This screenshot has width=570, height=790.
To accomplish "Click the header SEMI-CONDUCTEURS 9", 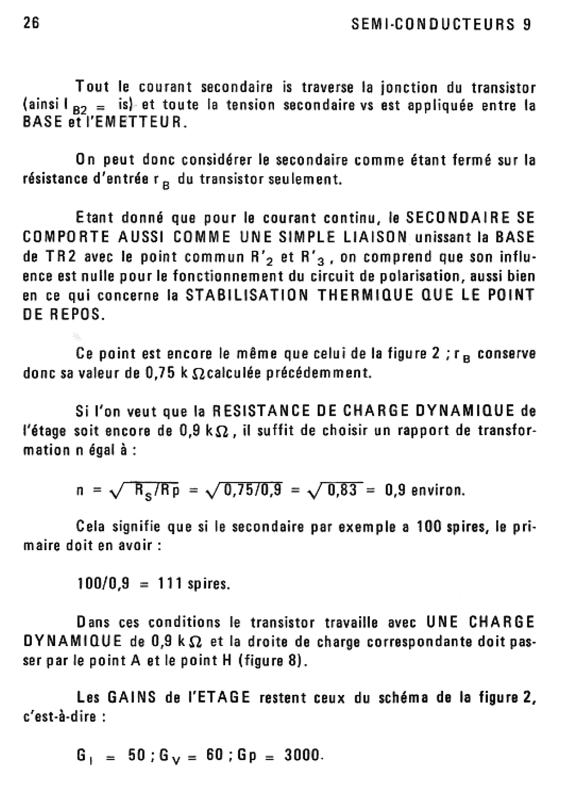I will tap(440, 24).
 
